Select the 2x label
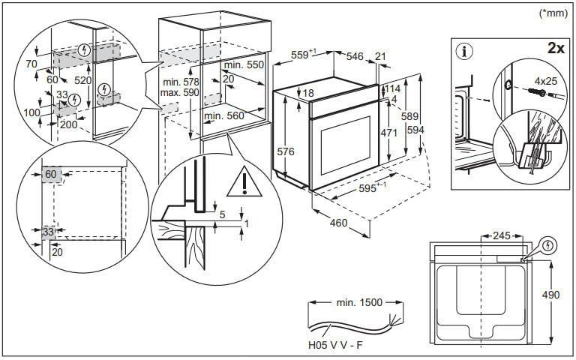(556, 48)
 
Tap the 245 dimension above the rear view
(501, 235)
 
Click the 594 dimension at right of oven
(415, 130)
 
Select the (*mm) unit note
(553, 13)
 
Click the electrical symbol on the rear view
(549, 244)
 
